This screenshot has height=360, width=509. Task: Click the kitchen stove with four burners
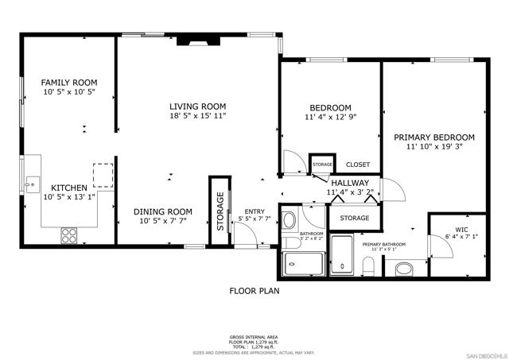(x=68, y=235)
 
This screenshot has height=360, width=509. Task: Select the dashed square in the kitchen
(x=103, y=174)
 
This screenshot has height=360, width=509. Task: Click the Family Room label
(x=69, y=83)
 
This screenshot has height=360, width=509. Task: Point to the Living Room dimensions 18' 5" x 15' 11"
(x=197, y=116)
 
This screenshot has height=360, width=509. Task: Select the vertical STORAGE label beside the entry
(x=220, y=212)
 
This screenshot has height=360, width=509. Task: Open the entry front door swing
(x=249, y=235)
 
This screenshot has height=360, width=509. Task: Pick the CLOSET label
(x=358, y=165)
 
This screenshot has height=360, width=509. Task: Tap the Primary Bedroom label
(x=433, y=137)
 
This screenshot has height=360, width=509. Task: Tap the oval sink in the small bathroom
(x=289, y=219)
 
